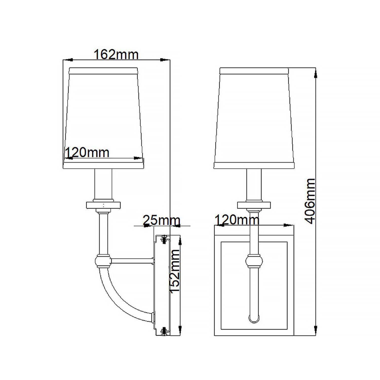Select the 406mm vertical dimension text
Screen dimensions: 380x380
310,201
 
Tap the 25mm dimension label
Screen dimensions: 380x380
161,220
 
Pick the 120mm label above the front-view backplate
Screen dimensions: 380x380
237,220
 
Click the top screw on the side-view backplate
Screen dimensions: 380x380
164,239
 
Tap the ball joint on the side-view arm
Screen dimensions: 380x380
103,261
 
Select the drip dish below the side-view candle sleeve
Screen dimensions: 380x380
103,205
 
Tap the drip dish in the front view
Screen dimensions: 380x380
254,205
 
